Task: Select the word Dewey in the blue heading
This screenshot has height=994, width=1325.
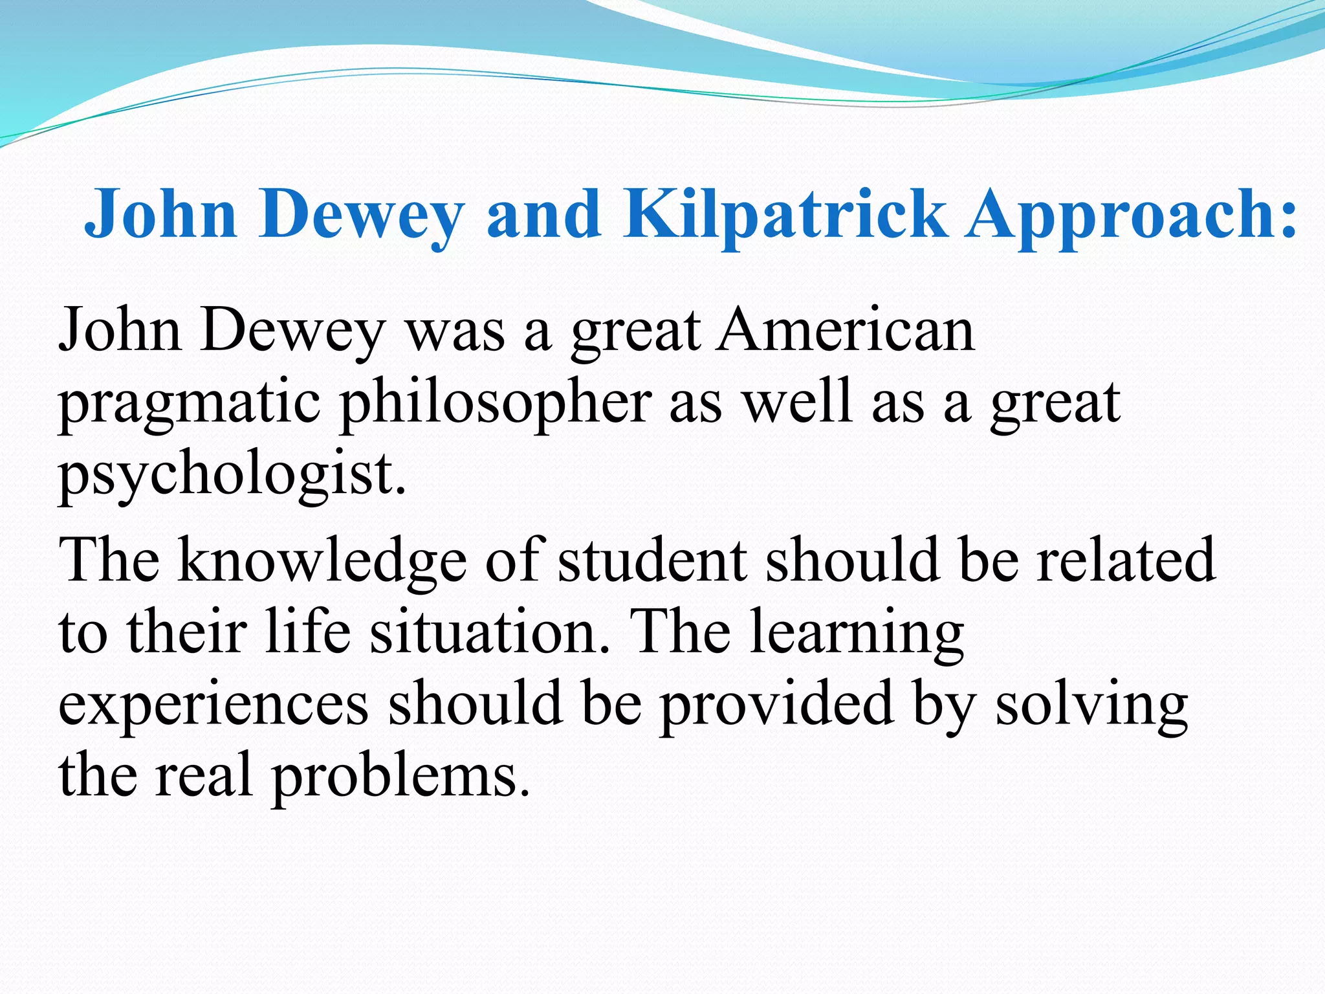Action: tap(362, 214)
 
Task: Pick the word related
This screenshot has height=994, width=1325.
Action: tap(1126, 559)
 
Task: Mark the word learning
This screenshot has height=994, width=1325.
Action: tap(857, 634)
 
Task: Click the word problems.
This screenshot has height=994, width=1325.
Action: tap(400, 777)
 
